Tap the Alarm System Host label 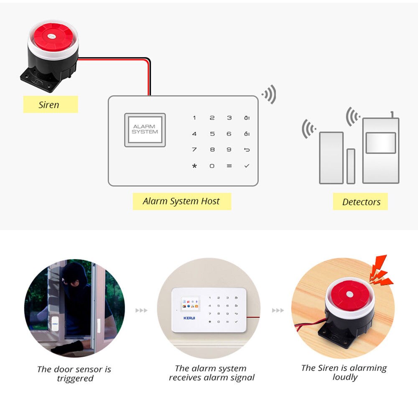click(181, 201)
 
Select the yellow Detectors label click(361, 202)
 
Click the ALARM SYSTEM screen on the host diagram click(145, 129)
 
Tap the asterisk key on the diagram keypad click(194, 166)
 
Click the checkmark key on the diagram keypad click(247, 166)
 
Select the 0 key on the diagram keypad click(212, 166)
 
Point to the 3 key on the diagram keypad click(229, 118)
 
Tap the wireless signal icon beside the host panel click(270, 95)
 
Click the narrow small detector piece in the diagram click(351, 166)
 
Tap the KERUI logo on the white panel click(189, 318)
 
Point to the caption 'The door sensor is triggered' click(74, 374)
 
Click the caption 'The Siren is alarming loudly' click(344, 372)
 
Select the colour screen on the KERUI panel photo click(190, 304)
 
